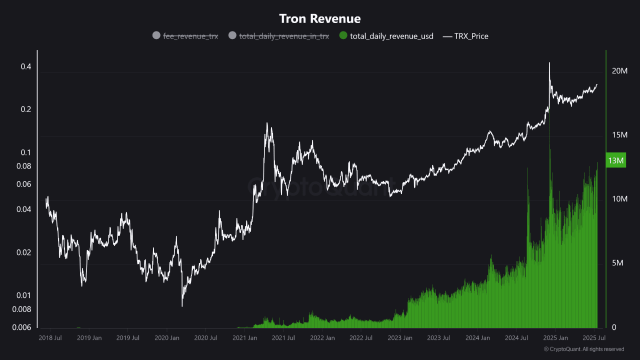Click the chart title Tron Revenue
tap(319, 19)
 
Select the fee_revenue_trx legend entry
tap(190, 36)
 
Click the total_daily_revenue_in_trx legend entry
tap(284, 36)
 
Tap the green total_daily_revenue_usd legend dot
tap(343, 35)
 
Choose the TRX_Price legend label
tap(471, 36)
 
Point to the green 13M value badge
tap(615, 160)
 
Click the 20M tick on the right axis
tap(619, 71)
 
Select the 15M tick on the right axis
tap(619, 135)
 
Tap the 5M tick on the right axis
tap(619, 263)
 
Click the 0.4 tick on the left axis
tap(25, 67)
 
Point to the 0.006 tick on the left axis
tap(21, 327)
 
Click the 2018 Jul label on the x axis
tap(50, 338)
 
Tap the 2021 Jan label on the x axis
tap(244, 338)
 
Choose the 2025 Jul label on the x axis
tap(594, 338)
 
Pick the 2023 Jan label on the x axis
tap(400, 338)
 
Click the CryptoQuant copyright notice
tap(583, 349)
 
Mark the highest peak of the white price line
tap(549, 63)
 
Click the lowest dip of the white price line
tap(182, 305)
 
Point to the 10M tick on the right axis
tap(619, 199)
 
